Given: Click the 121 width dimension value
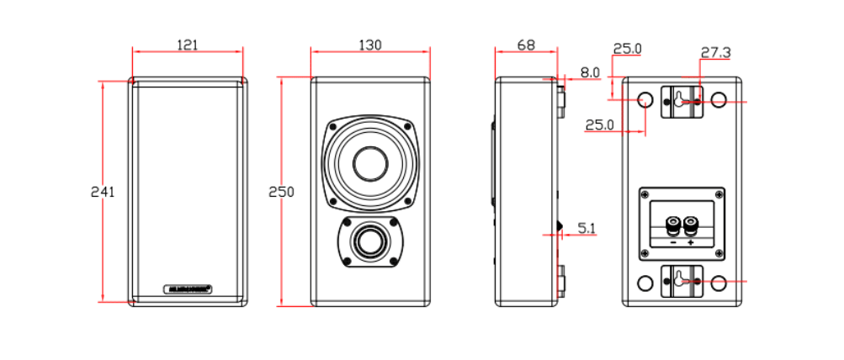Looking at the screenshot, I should (x=188, y=45).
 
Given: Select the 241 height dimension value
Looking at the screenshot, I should (x=103, y=192).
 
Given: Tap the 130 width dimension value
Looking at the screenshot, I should (x=369, y=45).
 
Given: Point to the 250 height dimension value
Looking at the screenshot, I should (x=281, y=192).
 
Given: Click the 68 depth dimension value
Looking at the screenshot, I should (x=525, y=45).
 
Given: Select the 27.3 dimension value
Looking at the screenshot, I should (x=715, y=52).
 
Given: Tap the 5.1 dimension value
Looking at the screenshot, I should (x=587, y=226).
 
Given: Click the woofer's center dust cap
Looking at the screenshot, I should (x=370, y=163).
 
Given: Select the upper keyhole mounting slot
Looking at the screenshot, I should (x=680, y=100).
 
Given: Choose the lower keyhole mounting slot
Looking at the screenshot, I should (x=680, y=281).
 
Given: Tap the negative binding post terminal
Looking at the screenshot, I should (x=672, y=225).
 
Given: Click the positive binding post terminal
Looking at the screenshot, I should (x=691, y=225).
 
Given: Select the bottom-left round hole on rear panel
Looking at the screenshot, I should (x=645, y=283).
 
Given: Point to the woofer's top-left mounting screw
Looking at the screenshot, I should (x=335, y=126).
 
